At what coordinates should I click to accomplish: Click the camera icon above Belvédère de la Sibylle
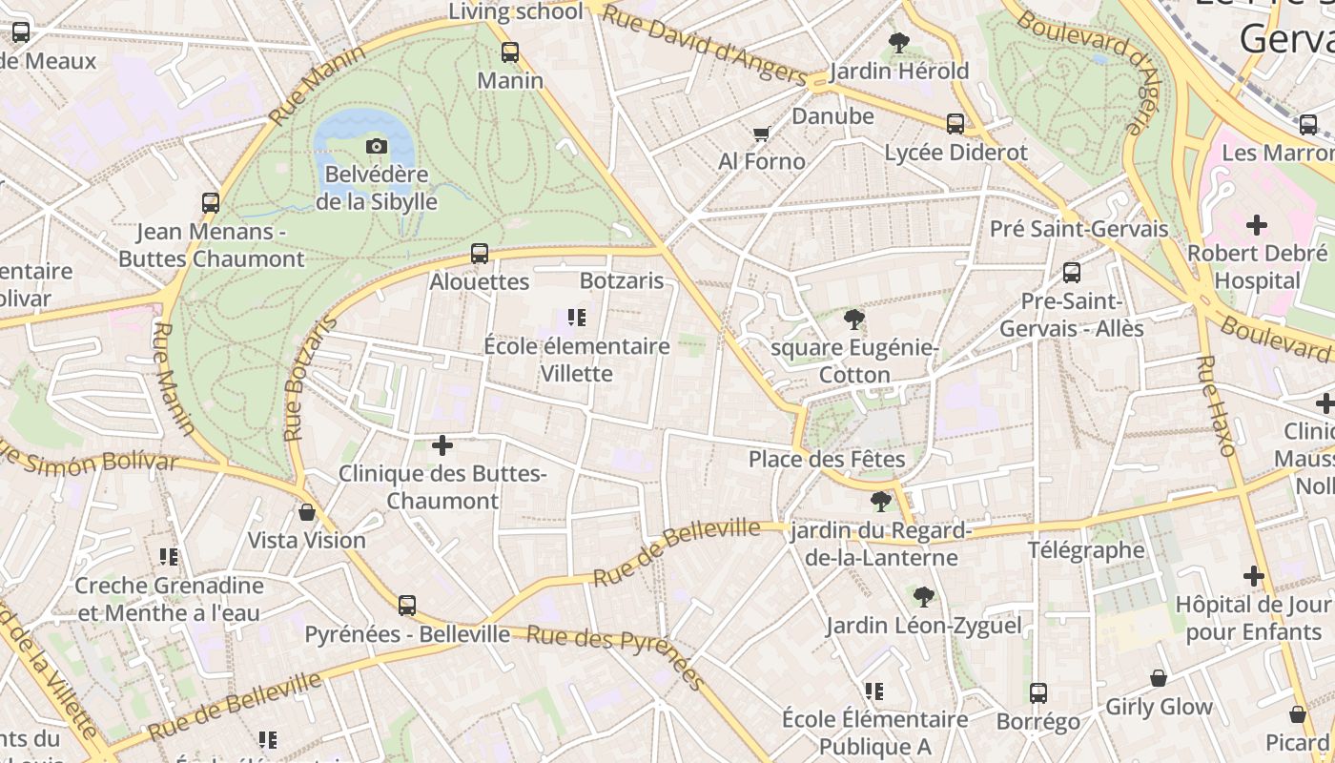click(377, 146)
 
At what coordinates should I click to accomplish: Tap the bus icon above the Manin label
click(510, 52)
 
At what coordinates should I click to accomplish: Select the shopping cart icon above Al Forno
click(761, 134)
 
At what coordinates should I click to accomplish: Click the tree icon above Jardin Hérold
click(898, 42)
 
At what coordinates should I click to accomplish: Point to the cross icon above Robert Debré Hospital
click(1257, 225)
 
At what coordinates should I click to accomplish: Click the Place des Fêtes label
click(826, 460)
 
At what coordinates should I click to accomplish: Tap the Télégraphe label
click(1085, 549)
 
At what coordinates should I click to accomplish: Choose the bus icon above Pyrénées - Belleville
click(407, 605)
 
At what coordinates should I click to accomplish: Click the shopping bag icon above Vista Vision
click(307, 512)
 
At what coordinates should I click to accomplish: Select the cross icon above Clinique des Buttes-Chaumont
click(442, 444)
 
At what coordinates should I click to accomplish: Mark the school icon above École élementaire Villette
click(576, 318)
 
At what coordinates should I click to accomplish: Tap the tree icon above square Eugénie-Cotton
click(853, 320)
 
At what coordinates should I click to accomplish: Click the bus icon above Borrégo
click(1038, 693)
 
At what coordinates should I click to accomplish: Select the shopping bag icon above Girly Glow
click(1159, 678)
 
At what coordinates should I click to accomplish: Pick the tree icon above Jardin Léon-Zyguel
click(923, 597)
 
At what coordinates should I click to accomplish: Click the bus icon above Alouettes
click(480, 254)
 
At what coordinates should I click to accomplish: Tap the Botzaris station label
click(622, 280)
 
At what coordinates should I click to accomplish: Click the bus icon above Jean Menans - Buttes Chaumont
click(211, 203)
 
